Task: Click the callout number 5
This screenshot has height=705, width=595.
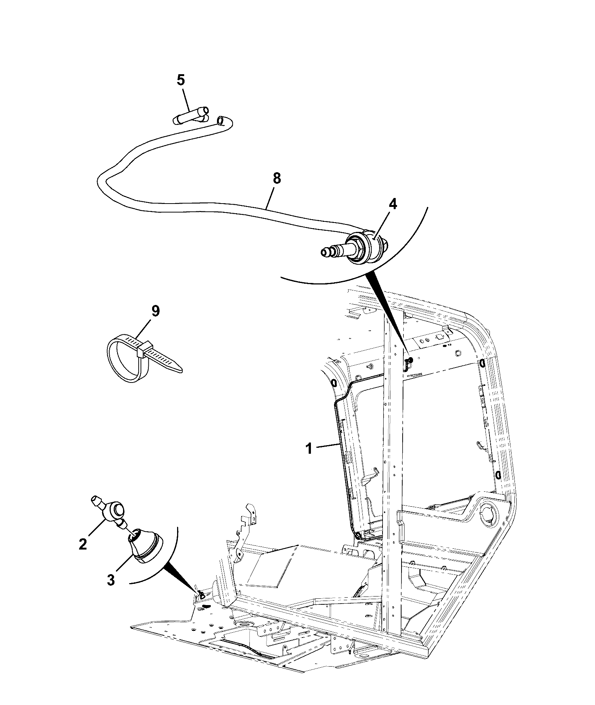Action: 181,80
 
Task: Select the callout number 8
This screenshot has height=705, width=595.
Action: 276,178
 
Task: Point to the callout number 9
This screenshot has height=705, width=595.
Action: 155,311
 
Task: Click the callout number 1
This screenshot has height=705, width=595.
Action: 309,449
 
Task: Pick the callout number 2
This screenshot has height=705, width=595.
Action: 83,545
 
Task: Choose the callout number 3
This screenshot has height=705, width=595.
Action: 111,580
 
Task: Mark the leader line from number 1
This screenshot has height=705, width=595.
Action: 326,446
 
